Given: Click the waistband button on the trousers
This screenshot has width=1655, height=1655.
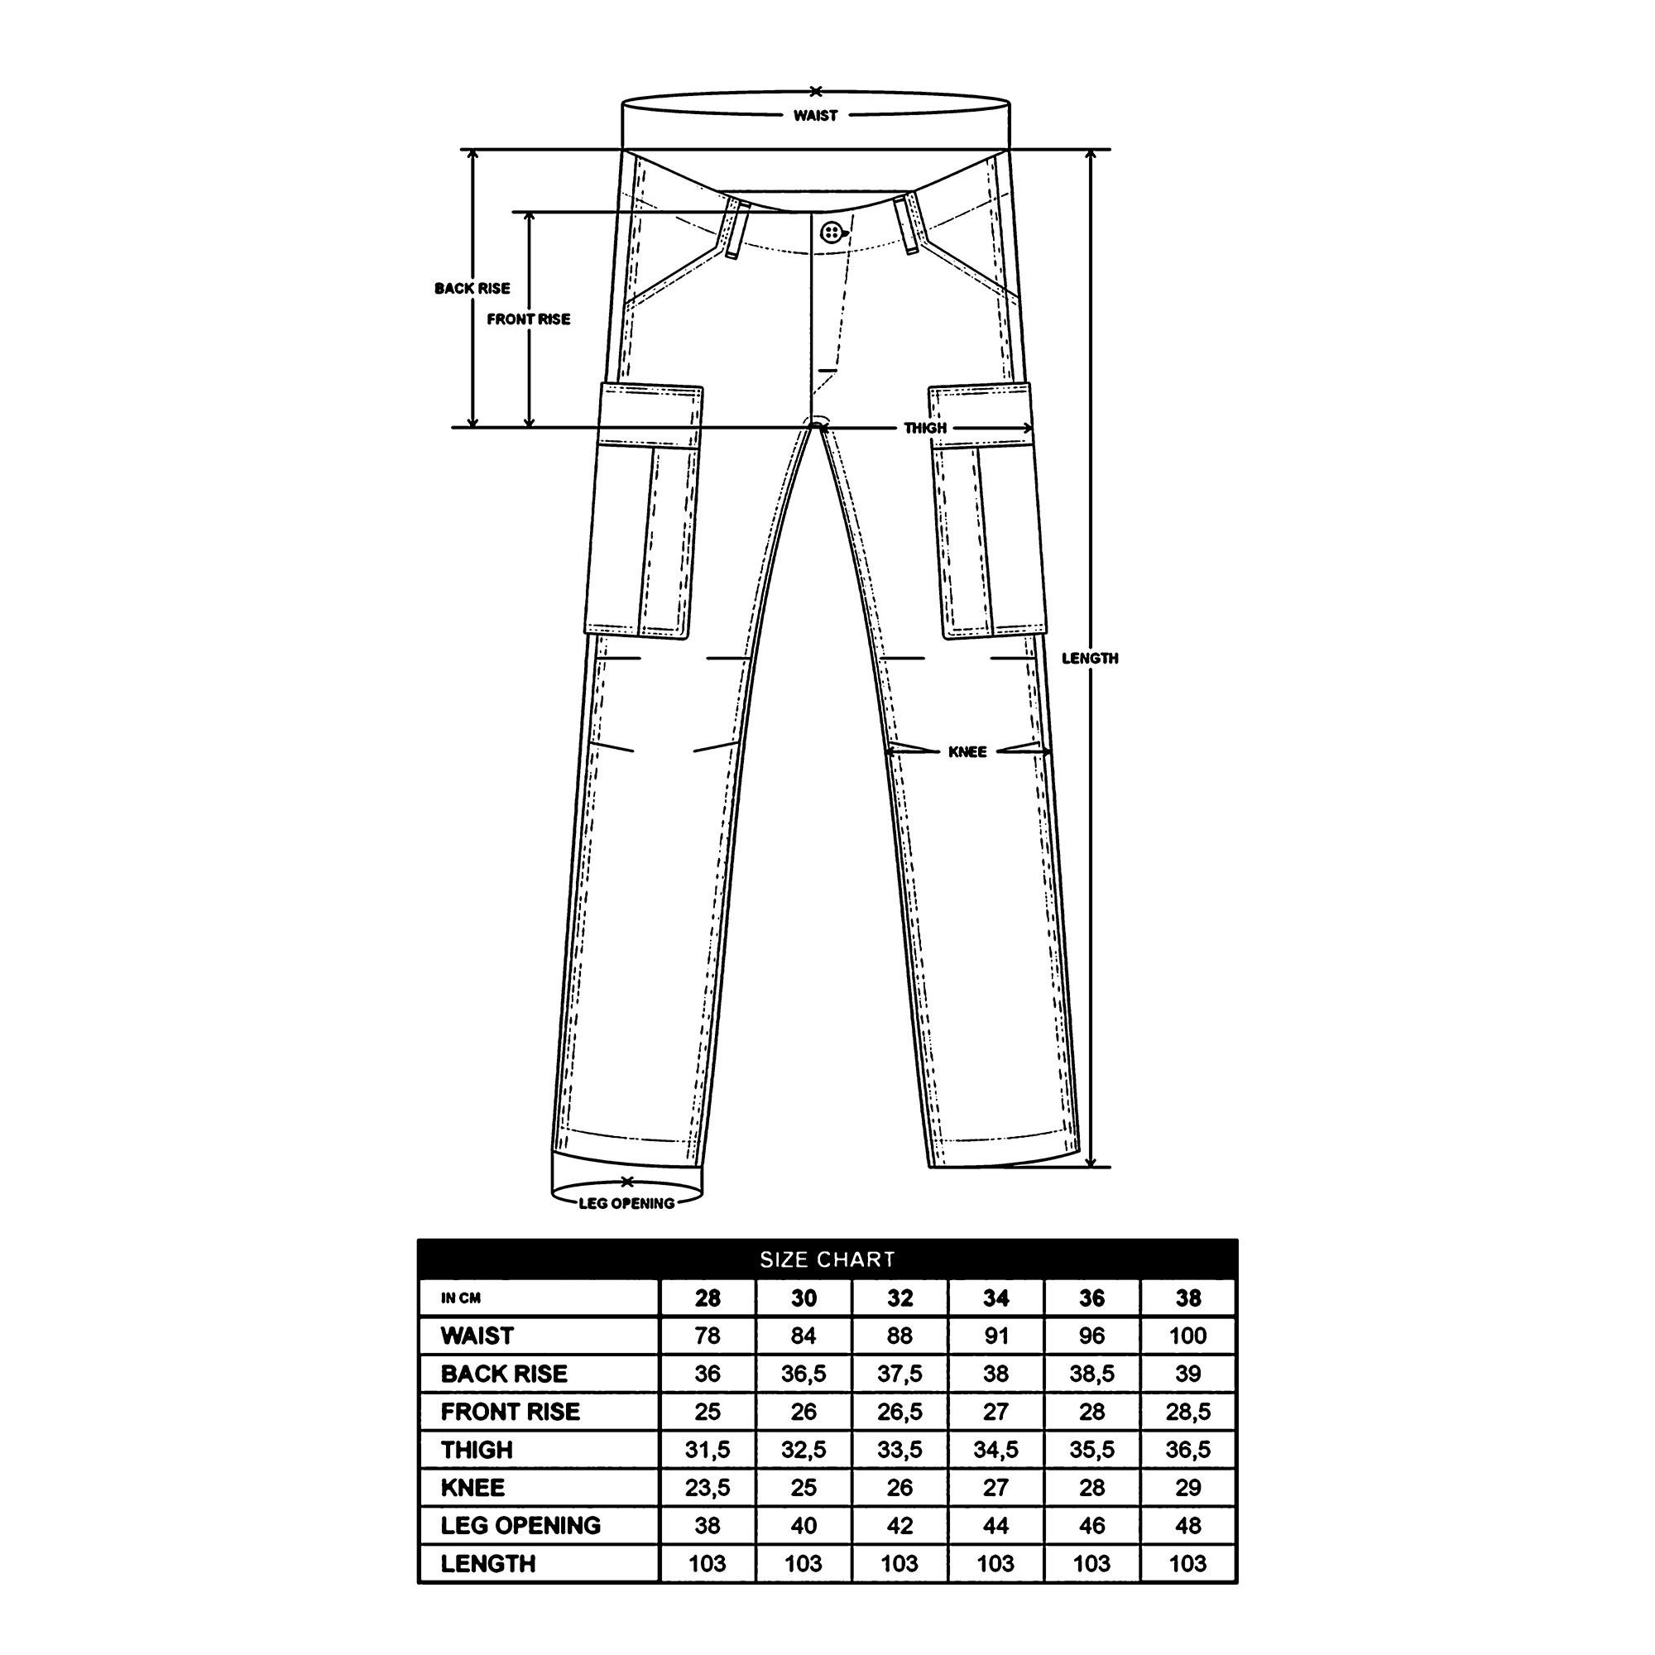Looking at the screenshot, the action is pyautogui.click(x=830, y=232).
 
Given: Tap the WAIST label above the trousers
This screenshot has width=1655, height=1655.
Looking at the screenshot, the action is pyautogui.click(x=814, y=116).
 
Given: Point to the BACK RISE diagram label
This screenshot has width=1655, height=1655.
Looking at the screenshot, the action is pyautogui.click(x=472, y=289).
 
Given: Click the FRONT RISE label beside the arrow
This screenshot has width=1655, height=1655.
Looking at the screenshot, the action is pyautogui.click(x=529, y=319).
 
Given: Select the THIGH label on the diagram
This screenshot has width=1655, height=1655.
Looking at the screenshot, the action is pyautogui.click(x=925, y=428).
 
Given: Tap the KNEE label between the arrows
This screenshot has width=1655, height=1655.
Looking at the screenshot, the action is pyautogui.click(x=967, y=752).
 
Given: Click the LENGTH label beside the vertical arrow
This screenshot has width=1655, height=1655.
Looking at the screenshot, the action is pyautogui.click(x=1090, y=658).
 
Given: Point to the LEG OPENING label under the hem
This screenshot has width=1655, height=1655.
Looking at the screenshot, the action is pyautogui.click(x=626, y=1203).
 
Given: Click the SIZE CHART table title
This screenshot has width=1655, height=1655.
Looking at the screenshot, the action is pyautogui.click(x=827, y=1259).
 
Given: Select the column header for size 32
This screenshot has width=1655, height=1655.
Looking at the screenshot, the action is pyautogui.click(x=899, y=1298).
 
